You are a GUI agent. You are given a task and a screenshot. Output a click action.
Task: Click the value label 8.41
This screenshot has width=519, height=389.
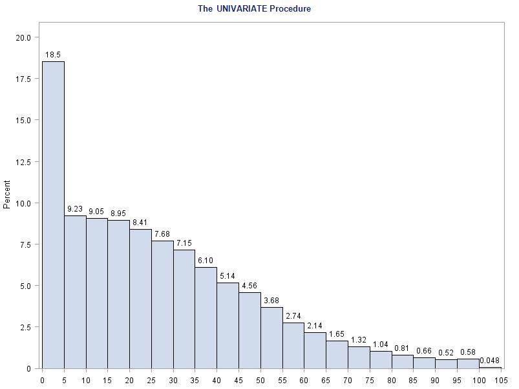pos(140,223)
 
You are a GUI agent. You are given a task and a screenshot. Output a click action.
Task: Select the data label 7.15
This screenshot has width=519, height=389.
pos(184,244)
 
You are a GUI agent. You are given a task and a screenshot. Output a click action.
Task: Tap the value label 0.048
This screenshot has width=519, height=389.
pos(489,361)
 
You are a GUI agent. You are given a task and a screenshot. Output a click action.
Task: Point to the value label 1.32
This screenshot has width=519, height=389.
pos(359,340)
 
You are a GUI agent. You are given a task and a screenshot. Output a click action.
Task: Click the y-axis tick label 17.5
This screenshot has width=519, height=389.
pos(23,79)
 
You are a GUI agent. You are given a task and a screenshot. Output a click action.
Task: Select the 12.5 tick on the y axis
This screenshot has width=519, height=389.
pos(23,162)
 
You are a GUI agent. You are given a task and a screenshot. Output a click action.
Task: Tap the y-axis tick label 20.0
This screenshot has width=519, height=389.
pos(23,37)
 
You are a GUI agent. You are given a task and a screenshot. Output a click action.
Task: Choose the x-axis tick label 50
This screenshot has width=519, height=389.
pos(260,380)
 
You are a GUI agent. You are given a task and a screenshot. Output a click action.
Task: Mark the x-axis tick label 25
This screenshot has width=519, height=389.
pos(151,380)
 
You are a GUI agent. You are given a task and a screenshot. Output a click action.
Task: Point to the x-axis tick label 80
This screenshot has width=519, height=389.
pos(392,380)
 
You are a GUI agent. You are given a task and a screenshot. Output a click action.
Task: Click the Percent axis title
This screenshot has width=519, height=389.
pos(7,194)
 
